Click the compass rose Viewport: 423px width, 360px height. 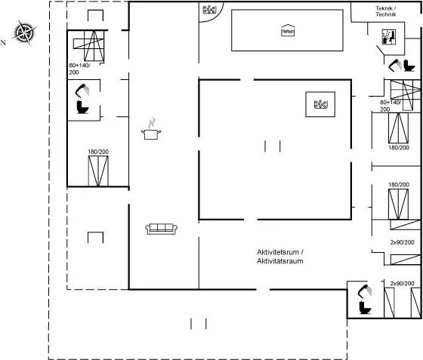tap(25, 32)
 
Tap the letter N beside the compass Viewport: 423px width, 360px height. tap(3, 42)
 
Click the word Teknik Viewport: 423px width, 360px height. tap(385, 8)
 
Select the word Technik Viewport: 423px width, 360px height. tap(386, 14)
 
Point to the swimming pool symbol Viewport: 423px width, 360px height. tap(288, 30)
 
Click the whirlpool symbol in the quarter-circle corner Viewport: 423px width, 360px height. tap(209, 10)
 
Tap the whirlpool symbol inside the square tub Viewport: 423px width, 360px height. tap(321, 104)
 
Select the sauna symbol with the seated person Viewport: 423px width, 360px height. tap(389, 37)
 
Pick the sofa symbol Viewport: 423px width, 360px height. tap(162, 229)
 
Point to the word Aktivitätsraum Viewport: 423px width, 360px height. tap(280, 261)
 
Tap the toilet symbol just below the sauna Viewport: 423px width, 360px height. tap(409, 66)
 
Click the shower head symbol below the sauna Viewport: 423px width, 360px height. tap(395, 65)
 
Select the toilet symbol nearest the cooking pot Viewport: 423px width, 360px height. tap(82, 107)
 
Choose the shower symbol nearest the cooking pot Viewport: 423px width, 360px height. tap(82, 90)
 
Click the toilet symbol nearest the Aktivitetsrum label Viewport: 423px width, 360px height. tap(365, 307)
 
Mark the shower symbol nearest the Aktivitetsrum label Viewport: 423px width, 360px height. tap(365, 291)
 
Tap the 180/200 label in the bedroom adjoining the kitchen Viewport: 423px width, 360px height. tap(98, 152)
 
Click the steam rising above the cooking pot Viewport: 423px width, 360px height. tap(152, 123)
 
